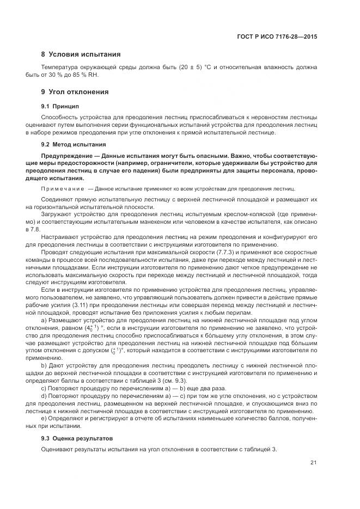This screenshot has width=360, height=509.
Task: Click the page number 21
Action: (313, 463)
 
